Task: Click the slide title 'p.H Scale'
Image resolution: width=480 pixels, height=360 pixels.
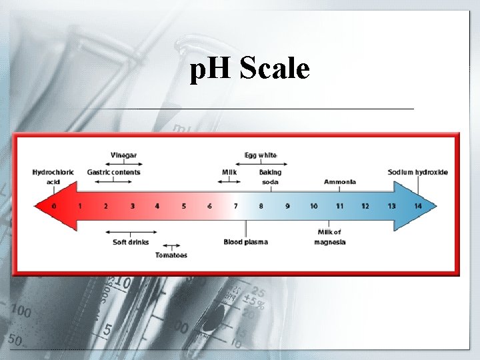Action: (x=250, y=69)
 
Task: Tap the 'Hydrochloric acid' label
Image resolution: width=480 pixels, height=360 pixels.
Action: (x=54, y=177)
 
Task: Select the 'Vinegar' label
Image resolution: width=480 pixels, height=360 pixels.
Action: (x=123, y=155)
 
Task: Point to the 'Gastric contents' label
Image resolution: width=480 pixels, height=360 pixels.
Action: (x=114, y=172)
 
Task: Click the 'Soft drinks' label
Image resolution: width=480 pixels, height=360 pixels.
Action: (x=131, y=242)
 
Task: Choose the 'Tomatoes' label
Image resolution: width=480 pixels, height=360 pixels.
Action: (x=171, y=255)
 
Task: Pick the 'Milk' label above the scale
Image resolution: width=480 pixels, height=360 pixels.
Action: (x=229, y=172)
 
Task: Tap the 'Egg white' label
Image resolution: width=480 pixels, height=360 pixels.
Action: (x=261, y=155)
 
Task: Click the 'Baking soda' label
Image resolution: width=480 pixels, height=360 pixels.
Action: (x=270, y=177)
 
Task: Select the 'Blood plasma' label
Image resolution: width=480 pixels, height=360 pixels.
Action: (x=246, y=242)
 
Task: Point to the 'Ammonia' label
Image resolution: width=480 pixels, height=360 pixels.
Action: (x=340, y=182)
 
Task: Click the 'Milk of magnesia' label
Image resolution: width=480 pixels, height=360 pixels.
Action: (x=329, y=237)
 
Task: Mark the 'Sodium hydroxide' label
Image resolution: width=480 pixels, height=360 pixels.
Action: (x=418, y=172)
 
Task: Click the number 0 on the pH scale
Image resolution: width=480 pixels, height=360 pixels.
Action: (x=54, y=206)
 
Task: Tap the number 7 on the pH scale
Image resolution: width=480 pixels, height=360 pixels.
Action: (x=235, y=206)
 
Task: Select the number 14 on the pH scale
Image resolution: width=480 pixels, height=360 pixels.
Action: (x=418, y=206)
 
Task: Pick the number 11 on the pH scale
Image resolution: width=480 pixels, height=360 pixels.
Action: (x=339, y=206)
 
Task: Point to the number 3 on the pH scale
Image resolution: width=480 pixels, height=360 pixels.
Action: (x=132, y=206)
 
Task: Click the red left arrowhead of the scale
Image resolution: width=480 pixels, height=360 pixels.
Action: (x=44, y=206)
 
